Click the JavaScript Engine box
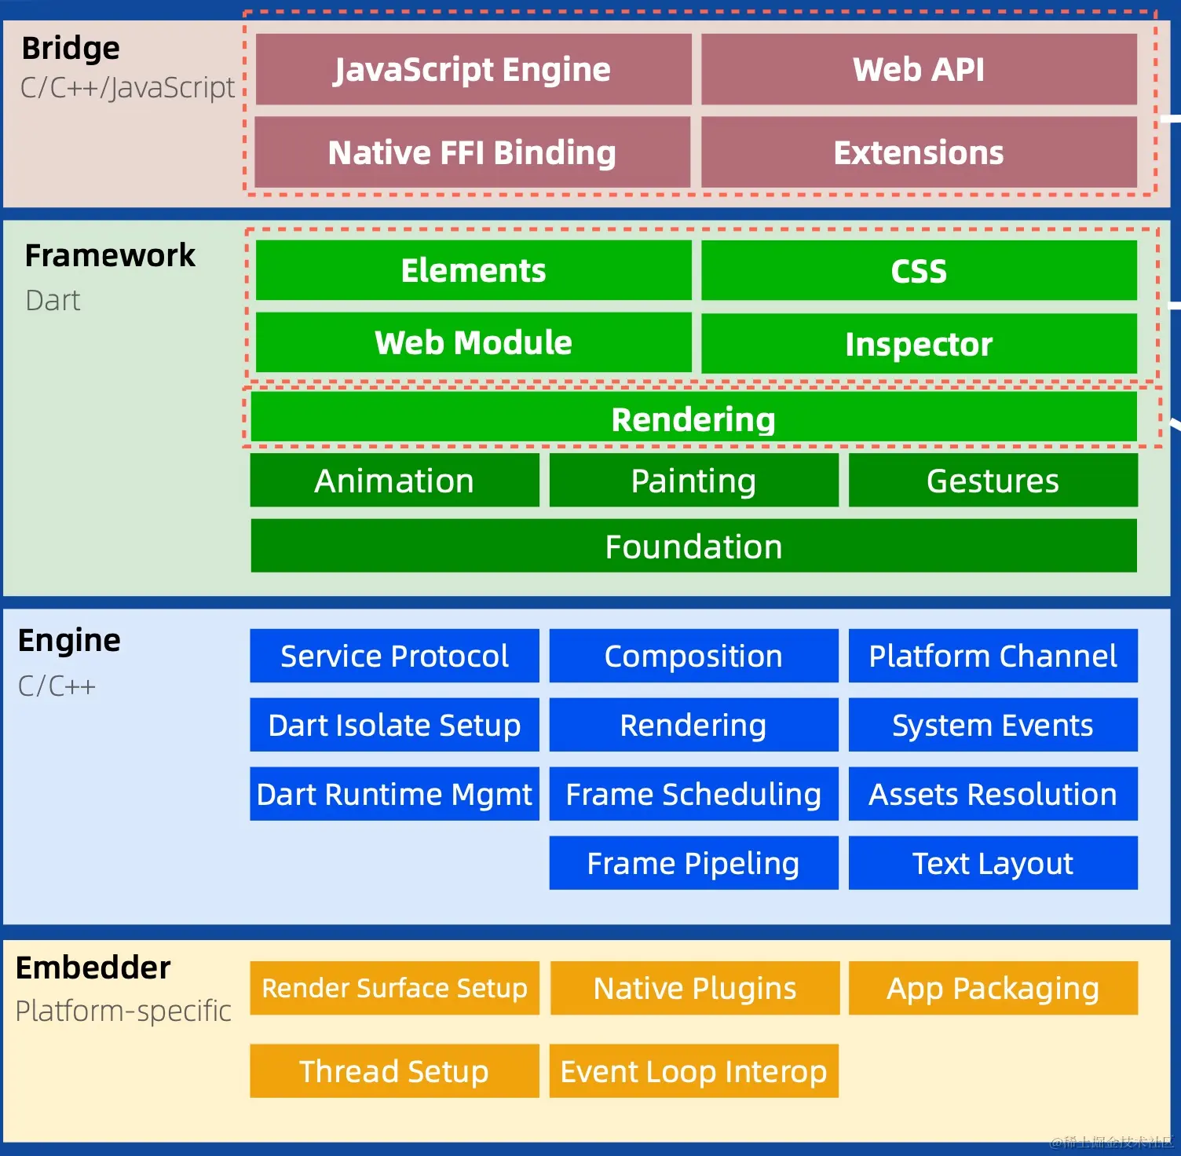[473, 69]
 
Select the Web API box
[919, 69]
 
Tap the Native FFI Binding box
[473, 152]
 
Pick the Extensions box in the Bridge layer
[919, 152]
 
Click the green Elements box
[473, 270]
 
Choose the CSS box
[919, 270]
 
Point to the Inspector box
[919, 344]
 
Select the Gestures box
[993, 481]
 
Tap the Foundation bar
[693, 546]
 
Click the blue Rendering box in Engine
[693, 725]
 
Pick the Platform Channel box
[993, 656]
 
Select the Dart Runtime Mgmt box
[394, 794]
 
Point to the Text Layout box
[993, 863]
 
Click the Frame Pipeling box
[693, 863]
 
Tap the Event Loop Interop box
[693, 1071]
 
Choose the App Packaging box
[993, 988]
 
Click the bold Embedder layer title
[93, 968]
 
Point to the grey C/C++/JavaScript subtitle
[127, 87]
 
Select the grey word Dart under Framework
[53, 300]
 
